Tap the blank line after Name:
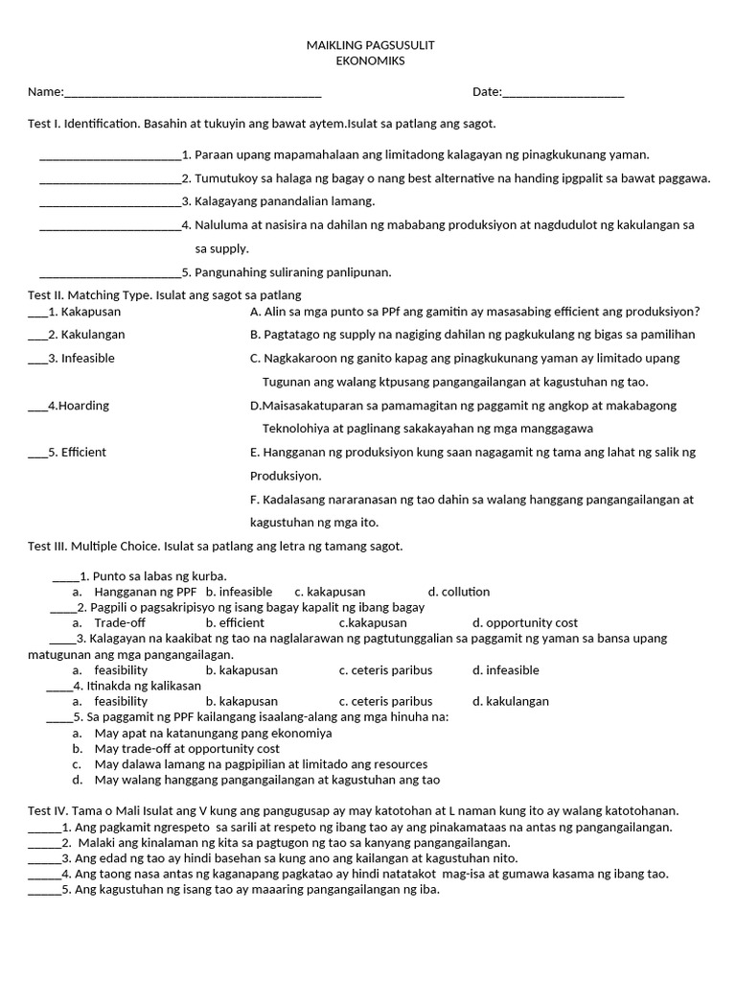tap(192, 94)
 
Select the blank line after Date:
tap(563, 94)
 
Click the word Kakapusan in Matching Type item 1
tap(91, 312)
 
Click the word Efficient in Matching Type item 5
tap(84, 453)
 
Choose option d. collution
tap(459, 592)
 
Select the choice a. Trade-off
tap(113, 623)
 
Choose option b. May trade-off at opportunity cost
tap(187, 749)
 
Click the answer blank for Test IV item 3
tap(44, 860)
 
